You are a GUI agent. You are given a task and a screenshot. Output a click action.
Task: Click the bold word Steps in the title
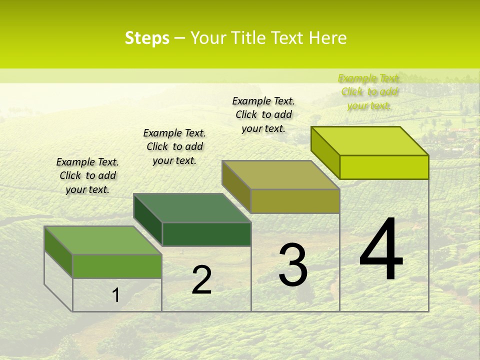coord(147,38)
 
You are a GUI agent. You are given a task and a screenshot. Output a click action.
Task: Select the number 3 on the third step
coord(293,265)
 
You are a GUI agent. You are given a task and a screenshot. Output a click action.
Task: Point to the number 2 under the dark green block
coord(201,280)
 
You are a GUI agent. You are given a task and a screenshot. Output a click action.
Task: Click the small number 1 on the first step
coord(115,295)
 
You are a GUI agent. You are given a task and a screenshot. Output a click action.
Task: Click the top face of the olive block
coord(281,175)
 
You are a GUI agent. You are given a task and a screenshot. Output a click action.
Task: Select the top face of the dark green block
coord(192,208)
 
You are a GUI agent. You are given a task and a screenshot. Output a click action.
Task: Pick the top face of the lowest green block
coord(103,240)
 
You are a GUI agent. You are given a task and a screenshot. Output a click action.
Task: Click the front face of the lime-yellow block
coord(384,167)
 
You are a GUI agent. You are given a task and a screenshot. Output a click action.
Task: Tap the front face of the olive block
coord(295,201)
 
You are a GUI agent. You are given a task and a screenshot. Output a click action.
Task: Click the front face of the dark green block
coord(206,234)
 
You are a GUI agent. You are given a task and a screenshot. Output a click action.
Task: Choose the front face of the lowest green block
coord(117,266)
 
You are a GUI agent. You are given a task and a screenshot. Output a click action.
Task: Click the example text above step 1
coord(87,175)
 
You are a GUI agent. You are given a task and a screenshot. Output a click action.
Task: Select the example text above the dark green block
coord(174,146)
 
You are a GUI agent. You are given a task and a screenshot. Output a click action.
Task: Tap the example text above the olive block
coord(263,114)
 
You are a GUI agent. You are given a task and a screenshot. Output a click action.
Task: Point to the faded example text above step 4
coord(369,92)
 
